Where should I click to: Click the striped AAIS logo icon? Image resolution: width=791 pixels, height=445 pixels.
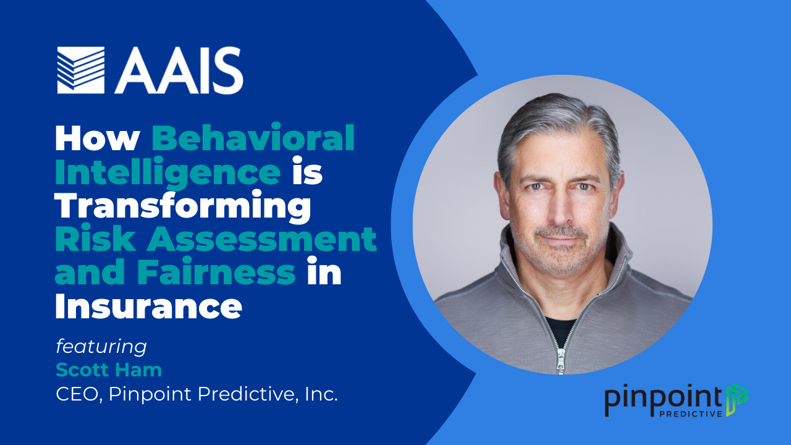tap(81, 70)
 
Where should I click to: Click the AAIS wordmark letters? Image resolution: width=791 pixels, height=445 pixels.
tap(179, 70)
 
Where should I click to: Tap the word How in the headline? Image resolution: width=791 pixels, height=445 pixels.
tap(98, 138)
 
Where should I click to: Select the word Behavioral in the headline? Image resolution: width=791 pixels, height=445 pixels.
tap(253, 137)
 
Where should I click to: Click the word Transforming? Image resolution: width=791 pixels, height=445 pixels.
tap(183, 206)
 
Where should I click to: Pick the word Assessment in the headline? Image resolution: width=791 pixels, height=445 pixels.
tap(261, 239)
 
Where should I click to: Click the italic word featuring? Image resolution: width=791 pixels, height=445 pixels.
tap(101, 347)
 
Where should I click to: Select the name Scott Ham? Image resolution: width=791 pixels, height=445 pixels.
tap(109, 370)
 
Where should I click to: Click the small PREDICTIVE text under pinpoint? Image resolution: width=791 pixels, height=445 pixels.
tap(691, 413)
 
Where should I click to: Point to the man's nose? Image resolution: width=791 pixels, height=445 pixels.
tap(561, 208)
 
